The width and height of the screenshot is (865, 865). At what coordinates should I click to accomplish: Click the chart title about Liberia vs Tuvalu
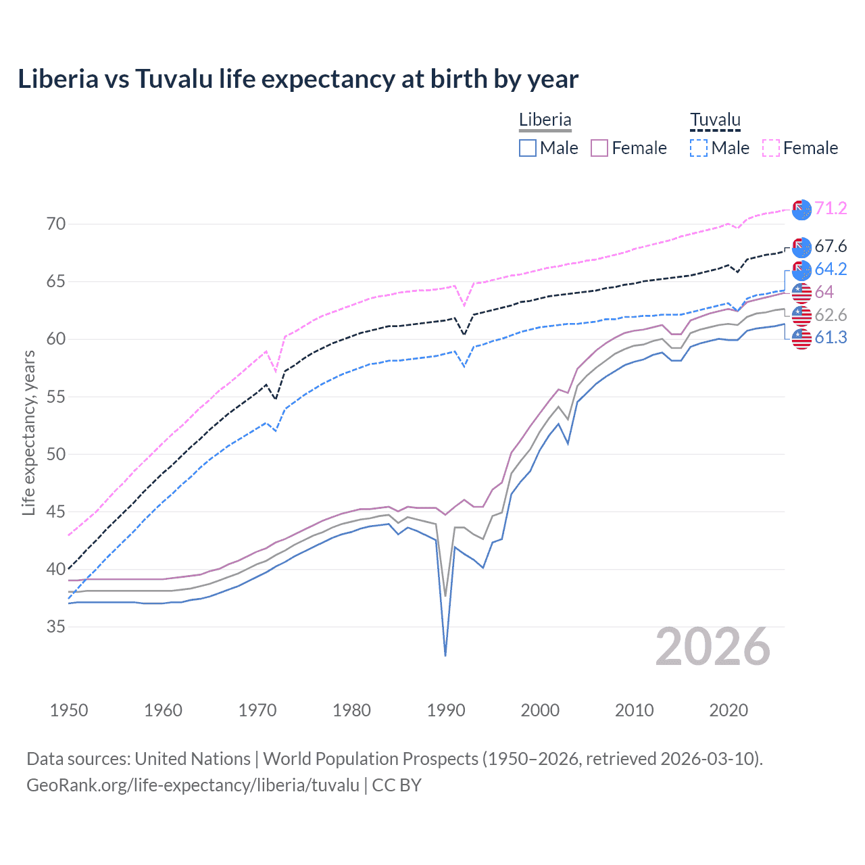click(298, 79)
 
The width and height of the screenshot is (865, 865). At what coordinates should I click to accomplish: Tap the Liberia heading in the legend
click(545, 120)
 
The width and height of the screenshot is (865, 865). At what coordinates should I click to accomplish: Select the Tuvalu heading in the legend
click(715, 120)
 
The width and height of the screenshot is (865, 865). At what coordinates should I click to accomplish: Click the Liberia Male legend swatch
click(528, 148)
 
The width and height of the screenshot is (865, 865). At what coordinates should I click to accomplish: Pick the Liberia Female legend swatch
click(599, 148)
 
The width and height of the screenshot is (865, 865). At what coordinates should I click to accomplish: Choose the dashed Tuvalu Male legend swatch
click(699, 148)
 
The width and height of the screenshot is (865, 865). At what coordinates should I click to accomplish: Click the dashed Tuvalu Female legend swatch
click(771, 148)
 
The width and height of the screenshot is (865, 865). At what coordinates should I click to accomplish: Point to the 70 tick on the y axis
click(56, 224)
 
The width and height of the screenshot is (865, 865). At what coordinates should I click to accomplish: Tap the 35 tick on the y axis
click(56, 626)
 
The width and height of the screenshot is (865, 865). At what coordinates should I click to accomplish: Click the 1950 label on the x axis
click(69, 710)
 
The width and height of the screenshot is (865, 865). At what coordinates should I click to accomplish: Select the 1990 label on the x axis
click(446, 710)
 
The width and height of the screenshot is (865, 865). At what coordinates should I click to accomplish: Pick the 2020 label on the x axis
click(728, 710)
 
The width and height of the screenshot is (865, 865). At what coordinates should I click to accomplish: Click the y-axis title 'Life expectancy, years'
click(28, 433)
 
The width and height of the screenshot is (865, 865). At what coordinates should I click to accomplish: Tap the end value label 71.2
click(831, 208)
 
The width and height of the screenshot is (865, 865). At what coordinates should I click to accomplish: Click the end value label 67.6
click(831, 247)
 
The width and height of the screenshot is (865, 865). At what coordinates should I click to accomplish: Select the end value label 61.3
click(831, 338)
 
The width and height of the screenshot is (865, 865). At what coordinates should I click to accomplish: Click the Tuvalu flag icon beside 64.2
click(801, 270)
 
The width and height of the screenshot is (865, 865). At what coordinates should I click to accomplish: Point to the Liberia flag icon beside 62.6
click(801, 316)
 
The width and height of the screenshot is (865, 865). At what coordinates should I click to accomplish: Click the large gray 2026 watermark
click(713, 647)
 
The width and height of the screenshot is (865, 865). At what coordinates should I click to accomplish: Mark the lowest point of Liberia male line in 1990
click(445, 656)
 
